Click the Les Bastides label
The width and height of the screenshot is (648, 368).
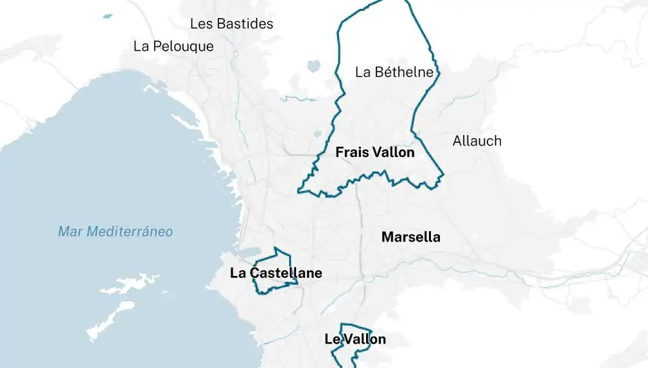[x=231, y=24]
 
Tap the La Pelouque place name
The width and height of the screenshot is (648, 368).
[x=173, y=47]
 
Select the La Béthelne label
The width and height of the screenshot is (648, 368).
[x=394, y=72]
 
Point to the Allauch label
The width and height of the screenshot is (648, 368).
[x=477, y=141]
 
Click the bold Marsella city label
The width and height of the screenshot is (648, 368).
[x=411, y=237]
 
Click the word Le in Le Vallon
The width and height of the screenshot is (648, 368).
[x=332, y=339]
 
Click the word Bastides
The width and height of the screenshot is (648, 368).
[x=244, y=24]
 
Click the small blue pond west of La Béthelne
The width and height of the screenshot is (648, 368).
[x=314, y=66]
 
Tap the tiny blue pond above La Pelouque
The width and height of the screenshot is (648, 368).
[x=107, y=16]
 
